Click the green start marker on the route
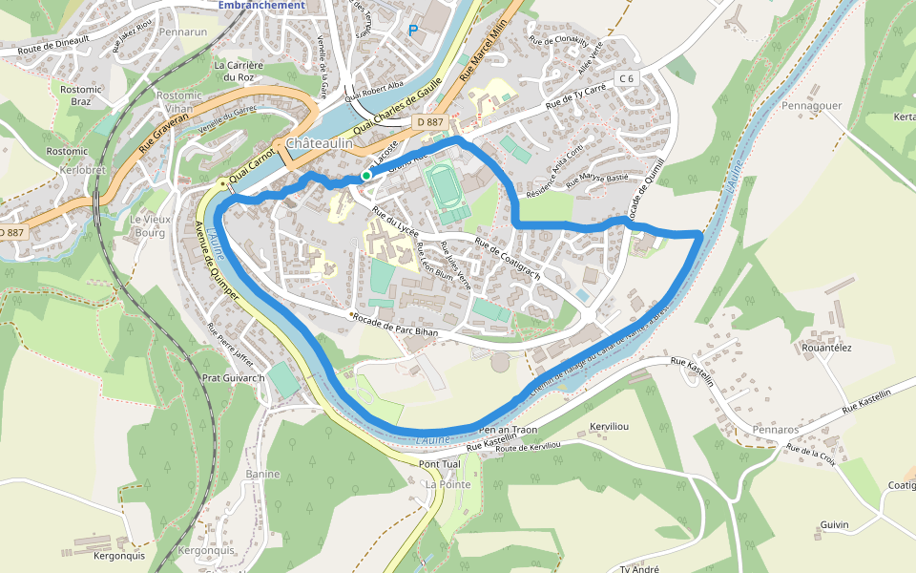(365, 176)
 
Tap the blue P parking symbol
(413, 31)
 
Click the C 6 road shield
(626, 78)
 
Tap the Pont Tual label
(439, 464)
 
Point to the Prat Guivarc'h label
(233, 377)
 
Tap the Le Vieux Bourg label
(150, 225)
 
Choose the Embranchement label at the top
(261, 5)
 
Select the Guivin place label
(834, 525)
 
